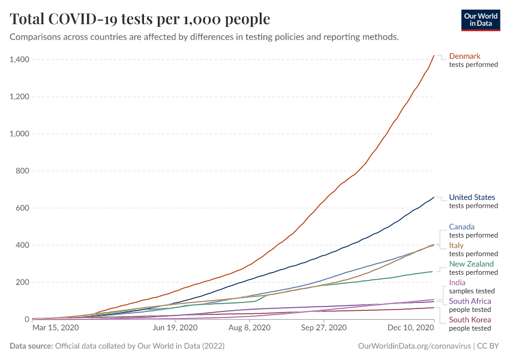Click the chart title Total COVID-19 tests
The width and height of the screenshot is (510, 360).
click(140, 19)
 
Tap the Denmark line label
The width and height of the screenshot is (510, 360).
click(464, 56)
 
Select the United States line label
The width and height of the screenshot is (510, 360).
click(472, 197)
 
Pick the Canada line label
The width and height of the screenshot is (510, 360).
click(461, 227)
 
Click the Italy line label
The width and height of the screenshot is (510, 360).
click(457, 245)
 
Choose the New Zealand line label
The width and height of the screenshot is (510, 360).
click(471, 264)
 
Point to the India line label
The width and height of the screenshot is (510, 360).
click(457, 283)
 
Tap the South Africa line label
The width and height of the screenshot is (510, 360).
click(470, 301)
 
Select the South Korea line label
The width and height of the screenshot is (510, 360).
click(470, 320)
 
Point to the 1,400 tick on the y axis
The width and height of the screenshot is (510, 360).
click(20, 59)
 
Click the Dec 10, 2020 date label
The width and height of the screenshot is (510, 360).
click(410, 328)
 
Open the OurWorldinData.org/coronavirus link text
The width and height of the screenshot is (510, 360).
click(413, 346)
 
